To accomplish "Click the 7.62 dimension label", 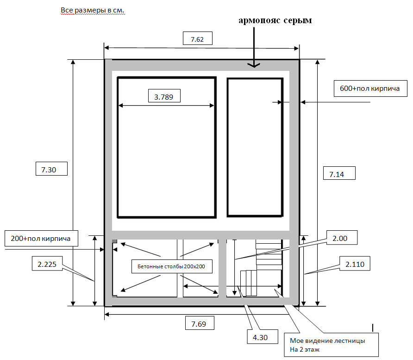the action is coord(198,38).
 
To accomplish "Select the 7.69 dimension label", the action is coord(200,323).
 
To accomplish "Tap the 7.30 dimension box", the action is coord(52,169).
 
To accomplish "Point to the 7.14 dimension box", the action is coord(339,173).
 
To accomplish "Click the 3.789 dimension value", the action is coord(164,97).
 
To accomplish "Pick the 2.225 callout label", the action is coord(47,264).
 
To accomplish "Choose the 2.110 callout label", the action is coord(355,264).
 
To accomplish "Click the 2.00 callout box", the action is coord(342,238).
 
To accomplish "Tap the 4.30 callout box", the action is coord(263,336).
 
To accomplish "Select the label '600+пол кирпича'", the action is coord(370,88).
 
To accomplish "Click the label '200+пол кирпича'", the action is coord(41,239).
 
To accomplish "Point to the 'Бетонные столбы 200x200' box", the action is coord(172,266).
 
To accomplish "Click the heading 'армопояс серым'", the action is coord(275,20).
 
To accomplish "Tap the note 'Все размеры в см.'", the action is coord(93,10).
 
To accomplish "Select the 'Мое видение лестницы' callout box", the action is coord(331,345).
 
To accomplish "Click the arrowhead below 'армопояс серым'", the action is coord(254,65).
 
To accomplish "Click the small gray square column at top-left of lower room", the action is coord(114,241).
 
